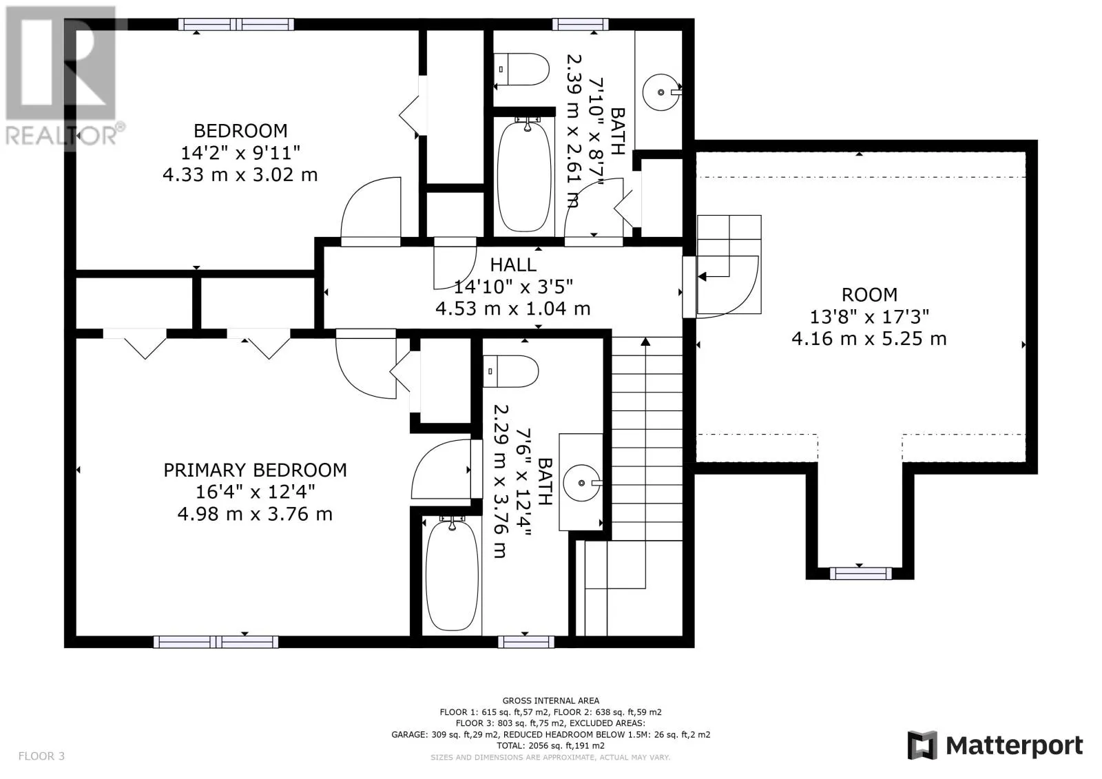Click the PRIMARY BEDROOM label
point(255,470)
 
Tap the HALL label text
point(513,265)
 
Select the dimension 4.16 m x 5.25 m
point(869,339)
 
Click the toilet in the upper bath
point(521,70)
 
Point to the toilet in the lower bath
point(510,371)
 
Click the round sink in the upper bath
point(661,92)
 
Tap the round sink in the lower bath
point(581,483)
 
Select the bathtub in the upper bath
point(524,176)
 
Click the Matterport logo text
point(1014,746)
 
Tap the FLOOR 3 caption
point(41,756)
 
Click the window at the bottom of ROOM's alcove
point(860,573)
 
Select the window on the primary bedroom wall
point(216,642)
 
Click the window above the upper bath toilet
point(581,24)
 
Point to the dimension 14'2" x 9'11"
point(240,153)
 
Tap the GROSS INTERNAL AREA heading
point(550,700)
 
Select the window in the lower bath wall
point(526,642)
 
